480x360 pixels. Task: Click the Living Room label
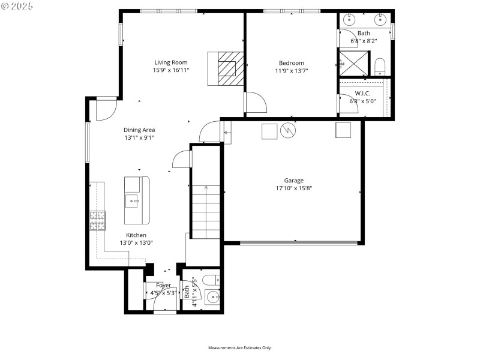(x=171, y=62)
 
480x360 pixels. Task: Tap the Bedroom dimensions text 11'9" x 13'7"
(x=291, y=70)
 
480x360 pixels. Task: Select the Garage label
(x=293, y=180)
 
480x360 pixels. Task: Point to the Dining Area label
(x=139, y=130)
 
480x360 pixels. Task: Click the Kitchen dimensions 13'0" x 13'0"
(x=136, y=243)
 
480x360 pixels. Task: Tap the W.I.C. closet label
(x=362, y=93)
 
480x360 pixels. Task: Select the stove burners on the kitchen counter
(x=97, y=221)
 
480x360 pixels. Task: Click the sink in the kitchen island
(x=132, y=200)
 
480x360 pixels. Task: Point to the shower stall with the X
(x=352, y=62)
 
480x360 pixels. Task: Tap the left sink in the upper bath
(x=349, y=20)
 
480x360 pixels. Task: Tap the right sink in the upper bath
(x=379, y=20)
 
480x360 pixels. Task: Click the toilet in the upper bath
(x=379, y=65)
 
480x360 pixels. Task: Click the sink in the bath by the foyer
(x=212, y=297)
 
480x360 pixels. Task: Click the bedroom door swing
(x=255, y=102)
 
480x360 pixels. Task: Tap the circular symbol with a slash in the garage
(x=288, y=130)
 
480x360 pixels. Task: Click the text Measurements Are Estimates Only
(x=240, y=347)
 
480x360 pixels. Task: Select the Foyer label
(x=163, y=285)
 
